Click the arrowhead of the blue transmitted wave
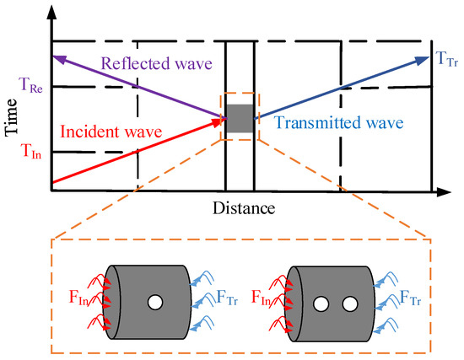427,57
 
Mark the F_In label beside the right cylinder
260,299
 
